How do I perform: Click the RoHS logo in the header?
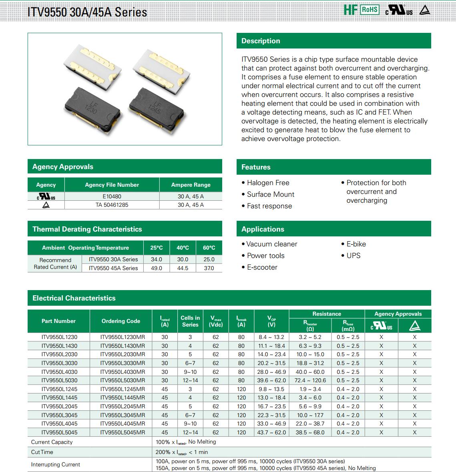(x=370, y=10)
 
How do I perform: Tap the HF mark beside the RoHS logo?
(x=350, y=10)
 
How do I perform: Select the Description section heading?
(x=261, y=41)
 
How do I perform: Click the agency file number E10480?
(x=112, y=196)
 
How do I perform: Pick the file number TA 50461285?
(x=112, y=205)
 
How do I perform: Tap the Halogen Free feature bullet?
(x=268, y=183)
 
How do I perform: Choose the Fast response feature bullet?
(x=269, y=206)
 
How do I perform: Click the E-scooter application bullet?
(x=262, y=267)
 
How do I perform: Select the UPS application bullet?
(x=353, y=256)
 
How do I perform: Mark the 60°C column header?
(x=209, y=248)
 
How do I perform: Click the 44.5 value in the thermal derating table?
(x=183, y=268)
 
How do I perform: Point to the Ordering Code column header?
(x=121, y=321)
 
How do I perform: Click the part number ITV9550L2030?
(x=59, y=354)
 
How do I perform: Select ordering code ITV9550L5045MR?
(x=123, y=432)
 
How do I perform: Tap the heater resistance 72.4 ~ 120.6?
(x=310, y=380)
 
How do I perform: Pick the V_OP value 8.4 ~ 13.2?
(x=271, y=337)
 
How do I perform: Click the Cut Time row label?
(x=42, y=452)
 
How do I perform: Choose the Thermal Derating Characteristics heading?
(x=87, y=229)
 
